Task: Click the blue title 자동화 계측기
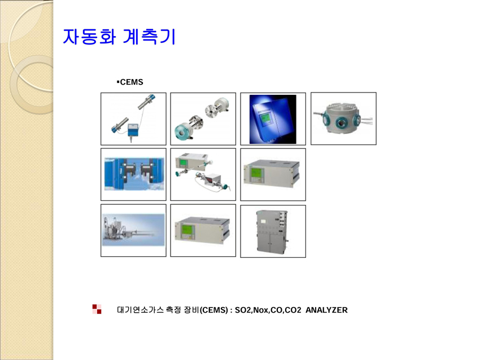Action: coord(119,37)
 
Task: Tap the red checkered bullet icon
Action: coord(97,309)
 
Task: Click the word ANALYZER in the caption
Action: coord(326,310)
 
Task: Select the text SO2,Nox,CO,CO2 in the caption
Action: coord(268,310)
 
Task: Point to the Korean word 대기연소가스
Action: coord(140,310)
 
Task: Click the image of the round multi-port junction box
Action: coord(343,118)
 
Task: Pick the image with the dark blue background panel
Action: coord(273,119)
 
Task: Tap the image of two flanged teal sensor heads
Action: coord(203,119)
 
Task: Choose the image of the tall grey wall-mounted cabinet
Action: coord(273,231)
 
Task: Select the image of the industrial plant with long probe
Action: coord(133,230)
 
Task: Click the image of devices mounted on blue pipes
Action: coord(133,174)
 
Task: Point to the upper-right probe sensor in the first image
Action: coord(147,102)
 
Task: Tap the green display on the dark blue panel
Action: coord(264,118)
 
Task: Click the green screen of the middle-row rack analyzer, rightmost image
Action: coord(255,173)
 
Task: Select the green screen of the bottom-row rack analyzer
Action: coord(187,230)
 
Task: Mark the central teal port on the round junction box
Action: coord(341,123)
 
